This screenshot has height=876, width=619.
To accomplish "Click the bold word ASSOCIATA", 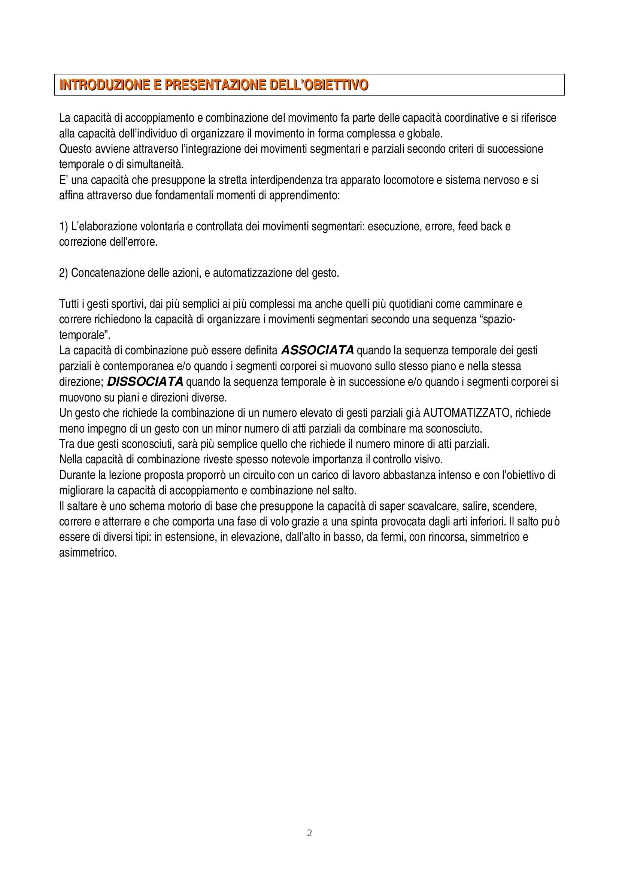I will tap(317, 350).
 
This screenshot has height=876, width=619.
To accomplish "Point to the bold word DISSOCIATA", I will tap(145, 381).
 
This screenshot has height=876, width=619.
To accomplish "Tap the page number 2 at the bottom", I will tap(309, 833).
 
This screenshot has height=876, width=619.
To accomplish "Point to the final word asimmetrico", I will tap(88, 553).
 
